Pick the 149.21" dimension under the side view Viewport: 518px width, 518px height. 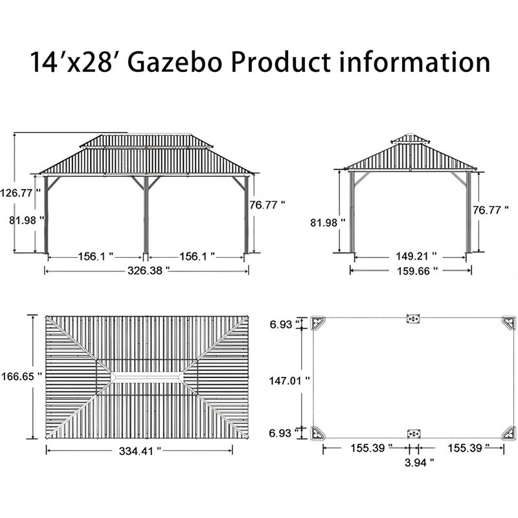click(415, 256)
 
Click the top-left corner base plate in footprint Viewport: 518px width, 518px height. click(318, 322)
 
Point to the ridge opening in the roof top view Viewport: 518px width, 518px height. click(147, 376)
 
